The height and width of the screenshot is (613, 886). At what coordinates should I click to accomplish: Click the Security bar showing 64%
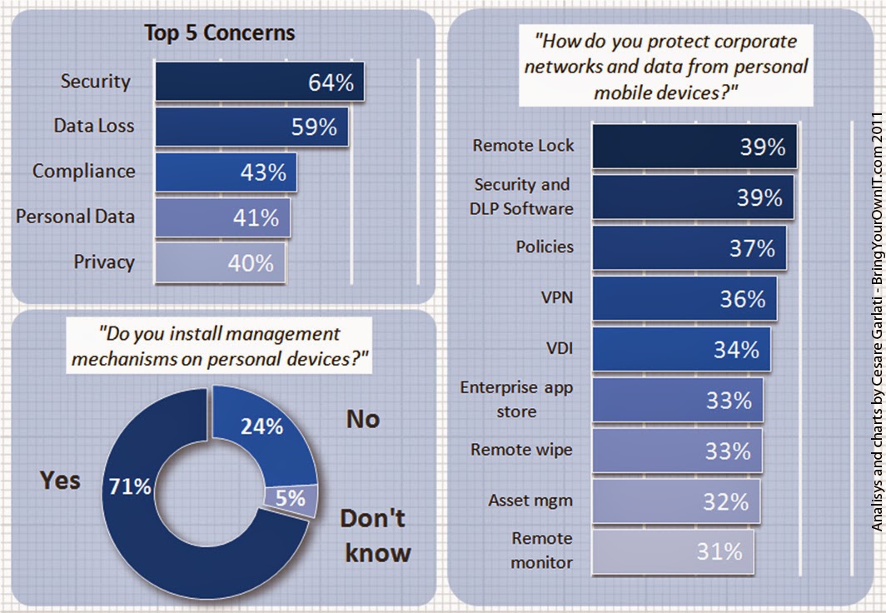pos(258,82)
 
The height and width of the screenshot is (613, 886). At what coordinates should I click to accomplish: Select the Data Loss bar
pos(251,127)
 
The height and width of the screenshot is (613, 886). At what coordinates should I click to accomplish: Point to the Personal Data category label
pos(75,217)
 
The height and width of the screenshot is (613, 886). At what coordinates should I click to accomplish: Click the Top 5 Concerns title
pos(219,32)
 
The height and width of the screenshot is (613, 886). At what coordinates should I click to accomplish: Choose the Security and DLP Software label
pos(522,197)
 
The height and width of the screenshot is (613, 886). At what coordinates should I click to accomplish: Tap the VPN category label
pos(557,297)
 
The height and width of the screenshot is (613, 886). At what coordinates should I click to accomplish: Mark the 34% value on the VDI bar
pos(736,350)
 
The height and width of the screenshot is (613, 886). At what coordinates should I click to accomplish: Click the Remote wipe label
pos(521,450)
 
